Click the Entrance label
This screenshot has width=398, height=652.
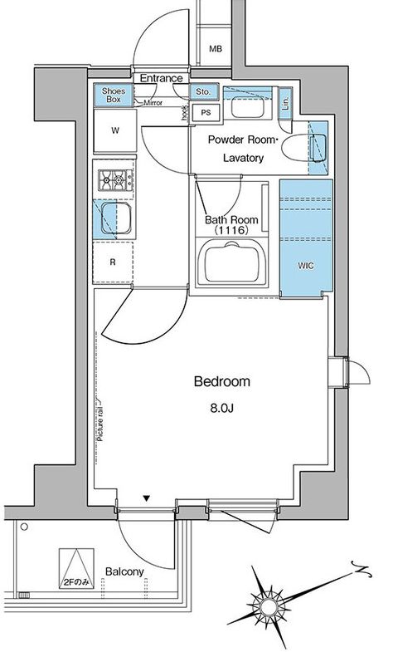[x=161, y=78]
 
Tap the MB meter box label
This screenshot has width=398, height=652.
[x=216, y=49]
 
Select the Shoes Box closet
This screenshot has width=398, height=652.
[x=114, y=96]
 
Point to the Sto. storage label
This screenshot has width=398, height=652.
[x=203, y=91]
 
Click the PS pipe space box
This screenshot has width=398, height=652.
[x=206, y=112]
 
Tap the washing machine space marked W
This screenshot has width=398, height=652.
[x=115, y=130]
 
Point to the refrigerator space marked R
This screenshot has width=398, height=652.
[x=113, y=262]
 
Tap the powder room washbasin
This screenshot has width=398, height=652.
[x=247, y=107]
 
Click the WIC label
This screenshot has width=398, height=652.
[x=306, y=266]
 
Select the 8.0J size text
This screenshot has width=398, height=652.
[x=222, y=408]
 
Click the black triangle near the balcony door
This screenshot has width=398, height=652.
[x=147, y=498]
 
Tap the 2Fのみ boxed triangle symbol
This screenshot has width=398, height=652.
[x=76, y=568]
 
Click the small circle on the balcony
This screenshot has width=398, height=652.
[x=24, y=527]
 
